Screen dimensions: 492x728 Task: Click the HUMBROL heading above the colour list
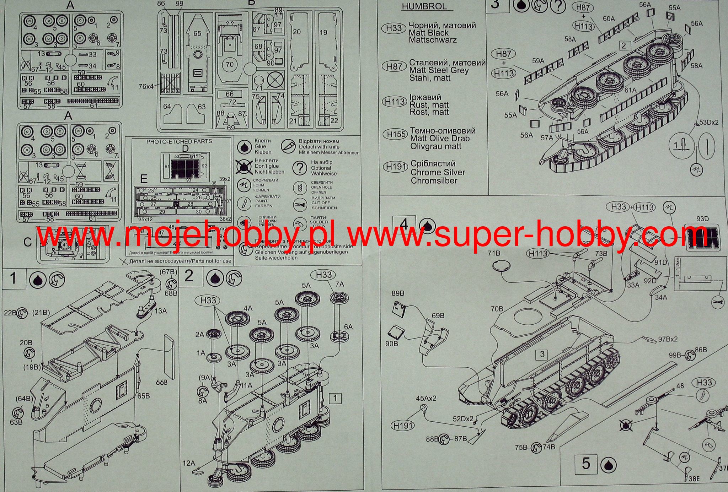[424, 7]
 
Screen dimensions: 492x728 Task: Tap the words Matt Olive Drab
[440, 139]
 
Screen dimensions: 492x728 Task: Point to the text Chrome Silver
[438, 172]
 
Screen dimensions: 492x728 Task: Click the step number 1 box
[14, 278]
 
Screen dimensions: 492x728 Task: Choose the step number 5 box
[586, 464]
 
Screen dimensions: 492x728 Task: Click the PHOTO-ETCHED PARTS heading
[179, 141]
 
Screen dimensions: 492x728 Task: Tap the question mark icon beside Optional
[301, 168]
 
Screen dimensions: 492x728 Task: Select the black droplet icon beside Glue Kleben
[244, 147]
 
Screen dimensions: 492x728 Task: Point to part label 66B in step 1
[161, 383]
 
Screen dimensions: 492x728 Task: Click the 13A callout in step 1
[160, 311]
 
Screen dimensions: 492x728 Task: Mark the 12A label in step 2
[189, 463]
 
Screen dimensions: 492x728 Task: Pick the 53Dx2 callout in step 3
[709, 122]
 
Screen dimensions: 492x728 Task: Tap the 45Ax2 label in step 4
[426, 398]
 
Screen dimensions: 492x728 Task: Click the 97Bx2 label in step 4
[668, 339]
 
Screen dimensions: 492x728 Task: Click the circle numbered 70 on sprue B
[230, 64]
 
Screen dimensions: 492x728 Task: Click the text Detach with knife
[319, 147]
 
